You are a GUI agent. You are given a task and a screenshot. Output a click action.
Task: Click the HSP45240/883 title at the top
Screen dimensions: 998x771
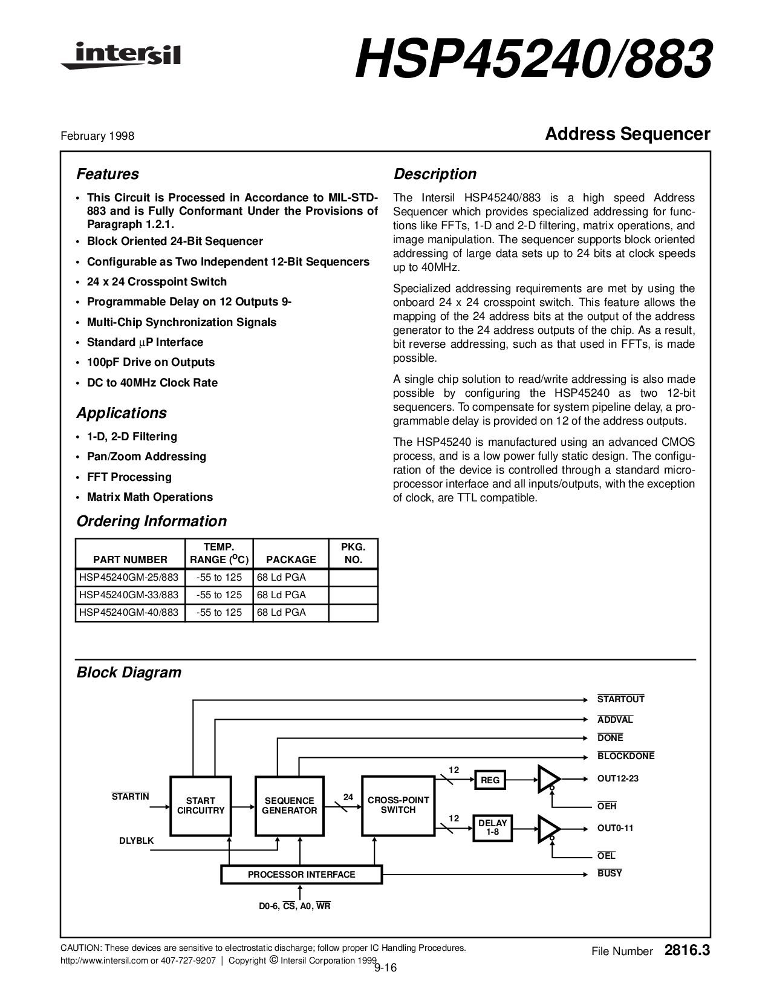533,60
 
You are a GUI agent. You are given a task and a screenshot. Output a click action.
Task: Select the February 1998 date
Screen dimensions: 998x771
97,136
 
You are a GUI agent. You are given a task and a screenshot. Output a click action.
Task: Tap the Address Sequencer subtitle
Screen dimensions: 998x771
627,134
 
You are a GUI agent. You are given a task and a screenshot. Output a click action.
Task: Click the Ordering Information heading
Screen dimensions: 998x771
151,521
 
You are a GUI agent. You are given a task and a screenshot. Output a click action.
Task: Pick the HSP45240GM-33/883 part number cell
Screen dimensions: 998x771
129,595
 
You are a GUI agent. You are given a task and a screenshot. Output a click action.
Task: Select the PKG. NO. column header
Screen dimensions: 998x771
353,553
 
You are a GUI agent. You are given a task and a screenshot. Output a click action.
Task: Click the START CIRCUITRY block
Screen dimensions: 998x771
201,806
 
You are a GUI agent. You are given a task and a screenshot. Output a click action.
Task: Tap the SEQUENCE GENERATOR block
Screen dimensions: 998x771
290,806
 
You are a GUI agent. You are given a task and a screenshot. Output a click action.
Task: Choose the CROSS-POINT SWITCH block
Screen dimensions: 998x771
398,805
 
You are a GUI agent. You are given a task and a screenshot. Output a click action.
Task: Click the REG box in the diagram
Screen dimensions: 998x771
490,780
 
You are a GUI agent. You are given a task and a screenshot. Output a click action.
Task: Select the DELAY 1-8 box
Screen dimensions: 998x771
492,827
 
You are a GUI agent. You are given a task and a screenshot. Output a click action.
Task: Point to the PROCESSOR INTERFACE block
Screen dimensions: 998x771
301,875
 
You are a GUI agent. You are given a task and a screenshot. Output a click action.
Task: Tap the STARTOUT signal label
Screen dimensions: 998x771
620,700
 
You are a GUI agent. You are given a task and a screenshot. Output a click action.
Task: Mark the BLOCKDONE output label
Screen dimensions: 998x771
625,756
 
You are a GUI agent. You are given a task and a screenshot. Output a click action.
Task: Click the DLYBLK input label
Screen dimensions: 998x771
136,841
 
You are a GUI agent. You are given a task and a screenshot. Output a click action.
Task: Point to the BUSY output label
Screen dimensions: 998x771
610,873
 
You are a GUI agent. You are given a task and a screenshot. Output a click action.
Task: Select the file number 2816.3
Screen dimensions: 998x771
687,951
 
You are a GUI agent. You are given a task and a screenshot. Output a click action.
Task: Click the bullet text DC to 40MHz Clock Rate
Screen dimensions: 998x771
152,383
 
